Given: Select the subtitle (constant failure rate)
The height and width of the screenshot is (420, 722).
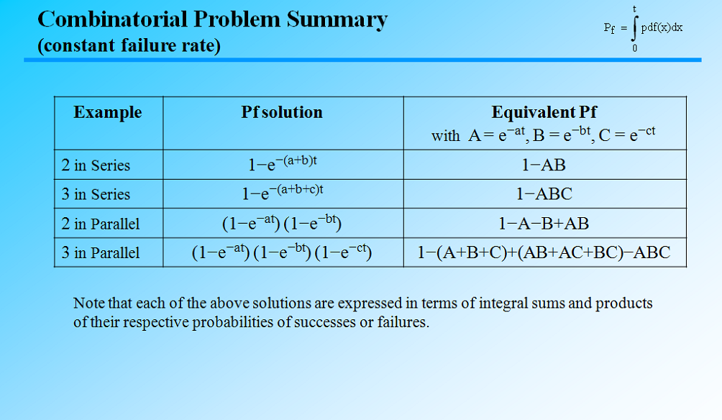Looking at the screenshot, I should (129, 45).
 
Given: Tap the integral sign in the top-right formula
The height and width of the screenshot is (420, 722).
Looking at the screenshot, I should (634, 29).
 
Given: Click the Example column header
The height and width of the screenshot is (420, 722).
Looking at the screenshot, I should (108, 112).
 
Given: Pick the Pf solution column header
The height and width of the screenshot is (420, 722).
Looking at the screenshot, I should (282, 112).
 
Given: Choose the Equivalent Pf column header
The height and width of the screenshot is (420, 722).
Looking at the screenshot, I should (544, 112).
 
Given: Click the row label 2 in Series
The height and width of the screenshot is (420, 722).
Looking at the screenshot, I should (96, 165).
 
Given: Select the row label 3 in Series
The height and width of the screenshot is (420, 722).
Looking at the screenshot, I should (96, 194).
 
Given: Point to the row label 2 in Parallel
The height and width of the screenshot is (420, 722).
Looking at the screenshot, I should (101, 224).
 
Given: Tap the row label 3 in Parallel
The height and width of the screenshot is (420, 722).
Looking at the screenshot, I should (101, 253).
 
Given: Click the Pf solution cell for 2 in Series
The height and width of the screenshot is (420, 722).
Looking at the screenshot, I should (283, 164).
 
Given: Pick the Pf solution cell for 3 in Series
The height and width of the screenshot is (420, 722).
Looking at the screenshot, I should (283, 193).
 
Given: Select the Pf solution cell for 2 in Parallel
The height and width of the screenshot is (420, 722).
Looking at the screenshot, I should (281, 223).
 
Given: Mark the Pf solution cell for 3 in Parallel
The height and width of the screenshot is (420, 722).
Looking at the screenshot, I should (281, 252).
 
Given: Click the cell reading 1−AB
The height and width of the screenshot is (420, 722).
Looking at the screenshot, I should (544, 165).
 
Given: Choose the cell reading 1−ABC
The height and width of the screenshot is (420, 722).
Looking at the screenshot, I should (544, 194).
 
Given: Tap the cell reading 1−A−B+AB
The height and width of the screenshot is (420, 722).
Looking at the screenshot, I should (544, 224).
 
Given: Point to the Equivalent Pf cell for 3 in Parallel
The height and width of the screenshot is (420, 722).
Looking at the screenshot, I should (544, 253).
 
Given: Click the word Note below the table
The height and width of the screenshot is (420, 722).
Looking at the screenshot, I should (88, 303).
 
